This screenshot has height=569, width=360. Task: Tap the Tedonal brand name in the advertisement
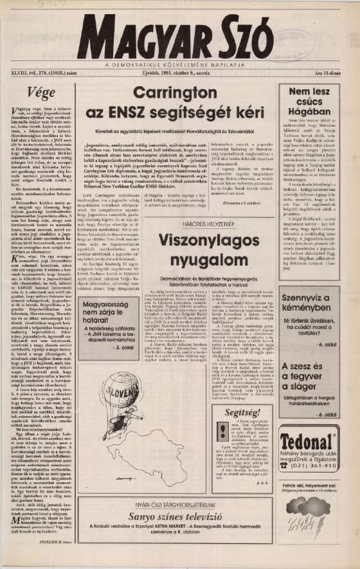309,440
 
